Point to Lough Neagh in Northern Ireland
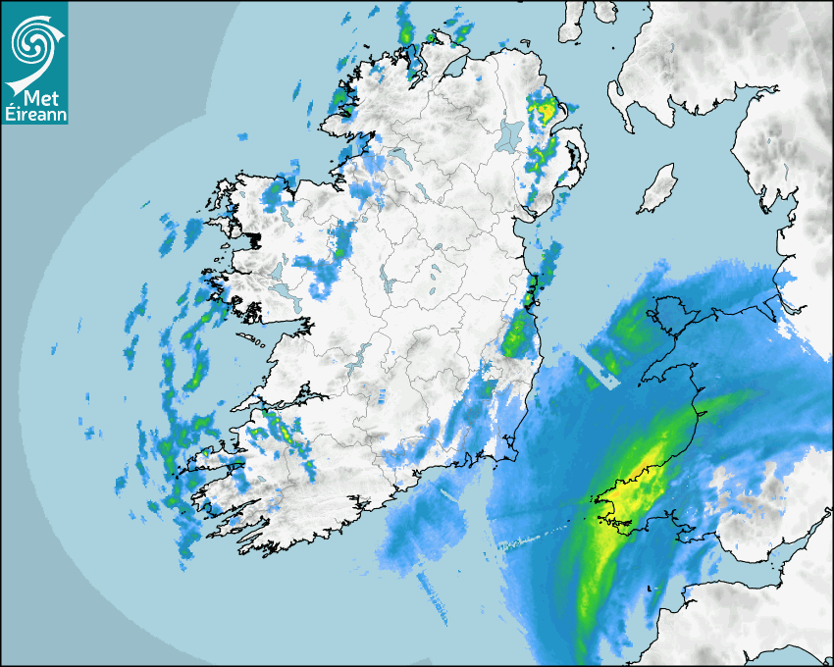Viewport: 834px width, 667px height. pos(510,134)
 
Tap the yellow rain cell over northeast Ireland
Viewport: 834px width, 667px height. pos(543,111)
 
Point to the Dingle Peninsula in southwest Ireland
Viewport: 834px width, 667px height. pos(211,461)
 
